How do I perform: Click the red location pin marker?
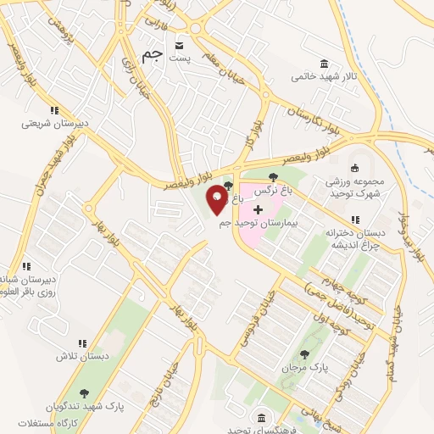218,200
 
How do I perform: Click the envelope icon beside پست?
179,45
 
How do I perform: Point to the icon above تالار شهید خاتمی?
324,64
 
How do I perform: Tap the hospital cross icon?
259,209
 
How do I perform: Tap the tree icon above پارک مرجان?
304,355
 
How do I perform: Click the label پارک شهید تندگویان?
85,406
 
